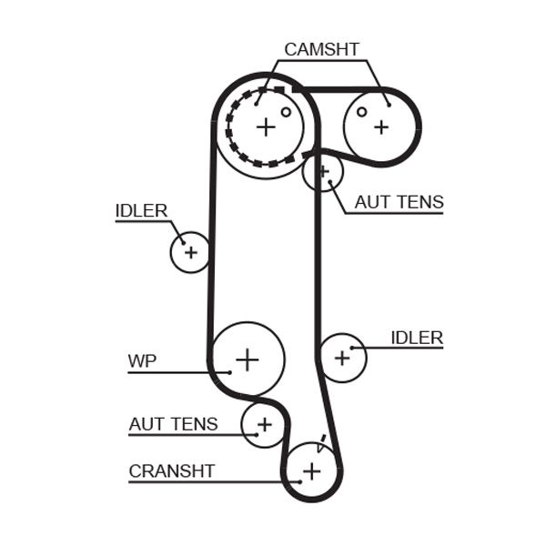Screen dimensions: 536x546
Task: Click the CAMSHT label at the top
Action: (321, 49)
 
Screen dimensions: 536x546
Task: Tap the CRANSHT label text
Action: (172, 470)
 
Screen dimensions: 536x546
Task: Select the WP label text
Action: (141, 361)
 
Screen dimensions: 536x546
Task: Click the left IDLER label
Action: (141, 210)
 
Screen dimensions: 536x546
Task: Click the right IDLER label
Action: (416, 338)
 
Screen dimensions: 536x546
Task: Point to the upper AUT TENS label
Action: (399, 202)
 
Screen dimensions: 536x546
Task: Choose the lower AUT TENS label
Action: (173, 423)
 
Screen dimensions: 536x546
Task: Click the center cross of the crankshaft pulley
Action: (312, 470)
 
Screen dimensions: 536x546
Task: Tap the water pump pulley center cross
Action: (248, 359)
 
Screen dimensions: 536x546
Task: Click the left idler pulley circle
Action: (190, 252)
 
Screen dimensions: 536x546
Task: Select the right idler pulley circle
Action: (342, 357)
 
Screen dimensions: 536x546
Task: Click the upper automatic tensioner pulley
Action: (322, 171)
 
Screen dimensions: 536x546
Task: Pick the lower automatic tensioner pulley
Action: (263, 424)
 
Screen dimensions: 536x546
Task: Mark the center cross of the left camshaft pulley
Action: (265, 126)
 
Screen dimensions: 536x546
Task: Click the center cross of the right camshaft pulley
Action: (380, 126)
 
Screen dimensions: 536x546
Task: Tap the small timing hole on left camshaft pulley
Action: (286, 113)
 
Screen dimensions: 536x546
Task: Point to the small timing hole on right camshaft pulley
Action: (361, 112)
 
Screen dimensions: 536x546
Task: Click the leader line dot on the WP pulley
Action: (229, 371)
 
